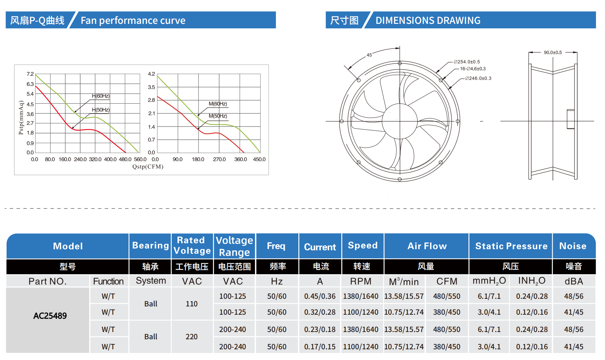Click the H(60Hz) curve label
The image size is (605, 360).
[x=101, y=96]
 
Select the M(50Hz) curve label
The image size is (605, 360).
[x=218, y=116]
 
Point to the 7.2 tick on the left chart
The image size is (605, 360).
[x=30, y=74]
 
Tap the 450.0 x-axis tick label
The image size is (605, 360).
[x=259, y=159]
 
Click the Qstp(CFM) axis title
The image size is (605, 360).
[x=148, y=167]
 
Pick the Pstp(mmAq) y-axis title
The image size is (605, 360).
[x=21, y=118]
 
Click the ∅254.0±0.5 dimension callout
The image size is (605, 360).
[x=467, y=62]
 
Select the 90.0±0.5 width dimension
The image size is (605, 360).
[x=553, y=53]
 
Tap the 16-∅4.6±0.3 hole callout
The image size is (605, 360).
[x=473, y=69]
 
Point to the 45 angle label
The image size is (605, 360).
[x=369, y=55]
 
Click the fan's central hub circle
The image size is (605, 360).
[x=400, y=121]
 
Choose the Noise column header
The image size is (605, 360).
[x=573, y=246]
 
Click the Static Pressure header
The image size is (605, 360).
[x=511, y=246]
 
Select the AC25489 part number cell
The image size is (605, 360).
[x=50, y=316]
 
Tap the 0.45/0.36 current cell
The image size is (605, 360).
[x=320, y=296]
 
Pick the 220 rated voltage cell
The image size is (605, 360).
[x=192, y=337]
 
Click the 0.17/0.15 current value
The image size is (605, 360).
[x=320, y=347]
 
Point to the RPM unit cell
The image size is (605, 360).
[x=361, y=281]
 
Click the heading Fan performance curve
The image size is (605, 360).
[x=133, y=20]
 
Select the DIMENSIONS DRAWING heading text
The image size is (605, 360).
[x=428, y=20]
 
